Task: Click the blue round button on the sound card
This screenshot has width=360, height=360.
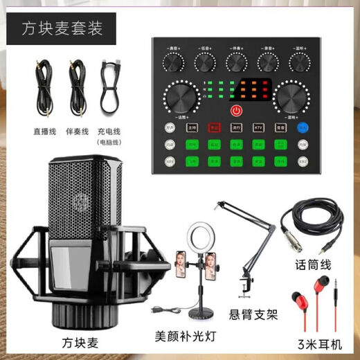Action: [x=302, y=127]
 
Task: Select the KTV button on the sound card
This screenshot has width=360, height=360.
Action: [x=258, y=127]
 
